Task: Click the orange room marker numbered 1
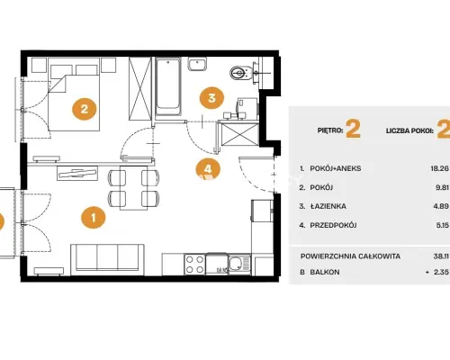pos(94,217)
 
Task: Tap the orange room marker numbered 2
pos(85,109)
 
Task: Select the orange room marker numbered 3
pos(211,98)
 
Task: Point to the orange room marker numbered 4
pos(208,169)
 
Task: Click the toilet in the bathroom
pos(240,73)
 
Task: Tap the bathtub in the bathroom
pos(168,86)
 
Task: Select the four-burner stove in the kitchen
pos(194,265)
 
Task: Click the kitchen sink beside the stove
pos(239,265)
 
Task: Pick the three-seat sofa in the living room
pos(107,259)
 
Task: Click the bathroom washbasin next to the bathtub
pos(197,64)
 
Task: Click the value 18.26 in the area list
pos(439,168)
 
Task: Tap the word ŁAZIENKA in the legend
pos(328,206)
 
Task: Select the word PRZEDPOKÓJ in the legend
pos(333,225)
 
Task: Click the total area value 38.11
pos(441,256)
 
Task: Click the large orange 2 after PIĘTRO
pos(353,129)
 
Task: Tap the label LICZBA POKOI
pos(409,130)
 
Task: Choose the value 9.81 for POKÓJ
pos(443,187)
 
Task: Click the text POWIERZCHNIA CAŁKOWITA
pos(350,256)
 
